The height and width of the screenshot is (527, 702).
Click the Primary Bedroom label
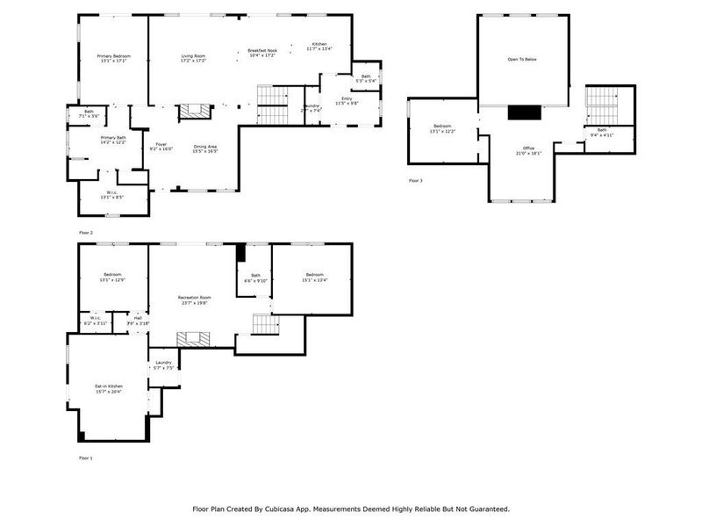(112, 58)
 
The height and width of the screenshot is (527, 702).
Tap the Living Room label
(193, 58)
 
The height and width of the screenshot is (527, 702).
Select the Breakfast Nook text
(261, 52)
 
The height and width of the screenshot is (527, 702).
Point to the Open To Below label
(521, 60)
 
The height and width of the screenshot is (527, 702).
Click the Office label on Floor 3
(527, 149)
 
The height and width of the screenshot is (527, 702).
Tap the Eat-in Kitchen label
(109, 388)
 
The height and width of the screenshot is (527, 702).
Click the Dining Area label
(205, 148)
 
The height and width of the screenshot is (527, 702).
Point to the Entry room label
(347, 99)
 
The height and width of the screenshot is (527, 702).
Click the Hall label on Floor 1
(138, 318)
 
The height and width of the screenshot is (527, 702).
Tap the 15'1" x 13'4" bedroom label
(315, 278)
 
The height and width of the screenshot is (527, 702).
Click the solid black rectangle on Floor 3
(525, 112)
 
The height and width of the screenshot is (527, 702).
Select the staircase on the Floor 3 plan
(601, 105)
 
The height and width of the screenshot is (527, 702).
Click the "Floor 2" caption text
(85, 232)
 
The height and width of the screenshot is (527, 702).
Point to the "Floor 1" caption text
(85, 458)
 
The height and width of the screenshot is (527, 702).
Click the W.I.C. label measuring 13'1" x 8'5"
(112, 195)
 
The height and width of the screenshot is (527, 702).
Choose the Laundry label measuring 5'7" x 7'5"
(164, 365)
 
